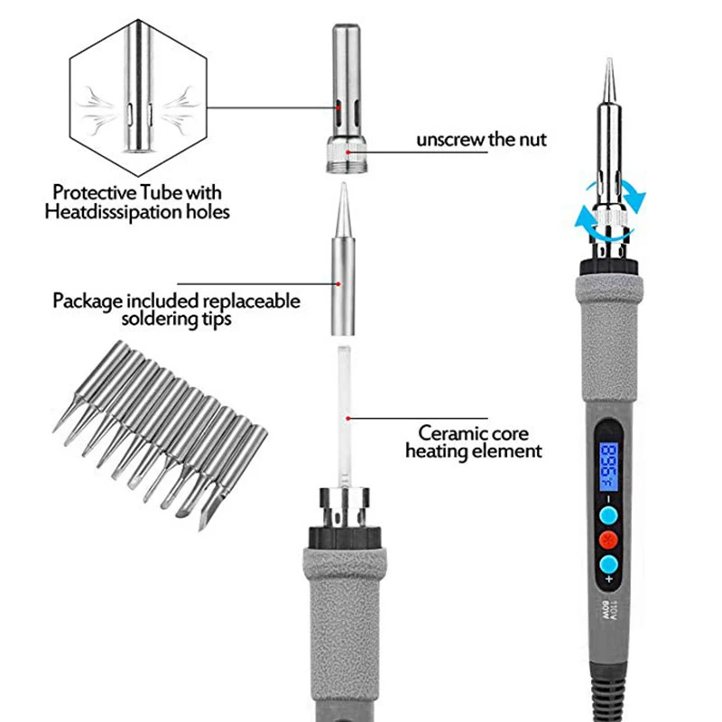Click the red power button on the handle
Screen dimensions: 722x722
(608, 539)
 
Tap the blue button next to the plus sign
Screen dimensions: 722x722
(608, 564)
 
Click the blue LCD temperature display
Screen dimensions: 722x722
(607, 467)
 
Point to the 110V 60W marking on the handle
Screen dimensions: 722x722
(608, 610)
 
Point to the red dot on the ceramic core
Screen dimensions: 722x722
(348, 418)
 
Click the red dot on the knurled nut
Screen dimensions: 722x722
(348, 152)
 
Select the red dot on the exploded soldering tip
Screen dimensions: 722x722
(338, 284)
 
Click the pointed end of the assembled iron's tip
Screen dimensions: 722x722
(610, 60)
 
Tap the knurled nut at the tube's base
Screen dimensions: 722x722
(347, 154)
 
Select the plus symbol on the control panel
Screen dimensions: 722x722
(609, 579)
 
